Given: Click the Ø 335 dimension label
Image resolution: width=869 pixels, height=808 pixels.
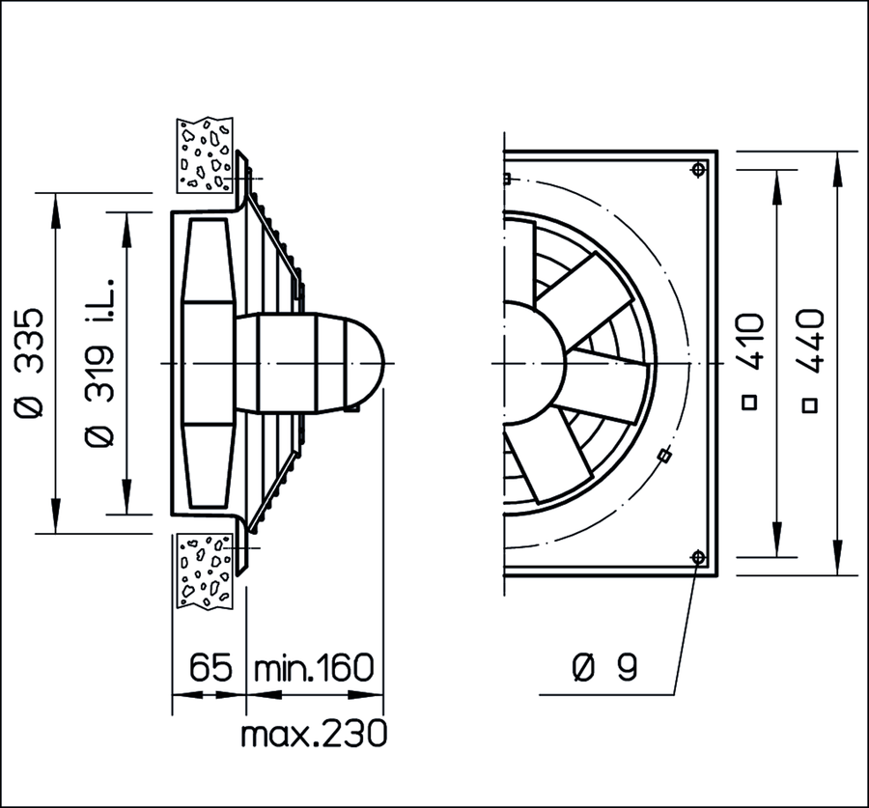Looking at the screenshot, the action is click(29, 362).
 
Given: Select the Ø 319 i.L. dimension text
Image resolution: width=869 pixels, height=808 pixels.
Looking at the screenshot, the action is click(99, 362).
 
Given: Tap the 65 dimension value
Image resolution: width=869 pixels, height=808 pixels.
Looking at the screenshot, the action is click(210, 667).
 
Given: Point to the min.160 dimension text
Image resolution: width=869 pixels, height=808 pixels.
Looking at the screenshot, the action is click(314, 667).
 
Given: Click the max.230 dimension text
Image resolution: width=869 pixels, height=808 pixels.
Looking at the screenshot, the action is click(314, 734).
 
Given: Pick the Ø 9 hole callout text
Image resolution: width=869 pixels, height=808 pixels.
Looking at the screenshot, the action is click(604, 667).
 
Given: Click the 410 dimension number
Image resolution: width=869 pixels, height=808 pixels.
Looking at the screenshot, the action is click(751, 342).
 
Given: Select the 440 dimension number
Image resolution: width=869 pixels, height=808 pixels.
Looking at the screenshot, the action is click(810, 342).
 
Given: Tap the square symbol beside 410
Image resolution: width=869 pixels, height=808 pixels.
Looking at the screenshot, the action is click(749, 403).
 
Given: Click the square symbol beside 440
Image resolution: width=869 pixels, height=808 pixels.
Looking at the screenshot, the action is click(810, 405).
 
